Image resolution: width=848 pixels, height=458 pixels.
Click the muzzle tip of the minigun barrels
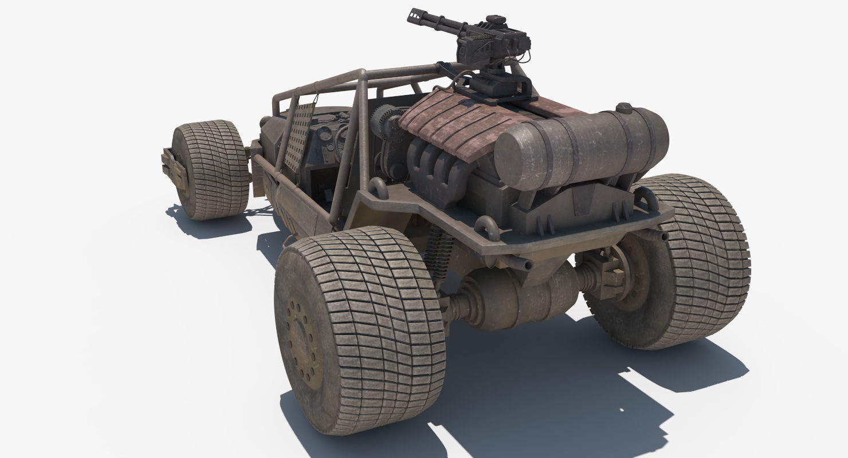(413, 14)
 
